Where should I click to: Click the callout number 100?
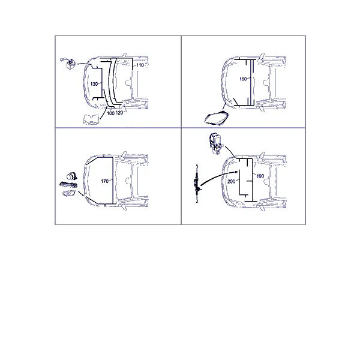click(110, 113)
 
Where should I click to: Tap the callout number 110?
click(140, 65)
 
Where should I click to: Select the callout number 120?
click(119, 113)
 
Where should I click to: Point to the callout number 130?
click(94, 84)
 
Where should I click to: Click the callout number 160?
click(243, 79)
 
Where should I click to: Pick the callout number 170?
click(104, 181)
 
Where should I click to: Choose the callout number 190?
click(260, 176)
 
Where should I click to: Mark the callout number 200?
click(231, 182)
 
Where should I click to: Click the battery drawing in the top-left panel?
click(68, 64)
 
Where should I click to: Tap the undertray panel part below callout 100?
click(91, 119)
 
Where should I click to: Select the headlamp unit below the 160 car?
click(216, 118)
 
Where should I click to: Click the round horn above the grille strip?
click(71, 176)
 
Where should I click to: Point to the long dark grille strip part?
click(68, 185)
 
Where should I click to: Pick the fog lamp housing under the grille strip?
click(68, 194)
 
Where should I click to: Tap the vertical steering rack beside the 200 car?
click(197, 184)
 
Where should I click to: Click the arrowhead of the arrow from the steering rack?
click(236, 172)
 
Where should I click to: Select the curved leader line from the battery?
click(85, 64)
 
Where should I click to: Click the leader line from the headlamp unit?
click(224, 106)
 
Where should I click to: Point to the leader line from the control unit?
click(230, 151)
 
